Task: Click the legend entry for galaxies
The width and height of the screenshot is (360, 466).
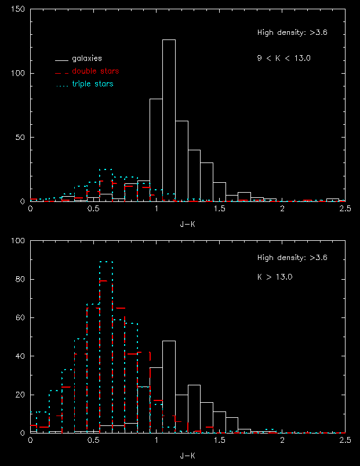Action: [86, 59]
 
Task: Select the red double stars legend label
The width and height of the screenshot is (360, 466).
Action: [96, 71]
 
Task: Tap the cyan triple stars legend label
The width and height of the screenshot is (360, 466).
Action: [92, 84]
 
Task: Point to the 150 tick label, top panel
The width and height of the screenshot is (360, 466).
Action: [18, 10]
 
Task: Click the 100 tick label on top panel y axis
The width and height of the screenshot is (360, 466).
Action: [18, 74]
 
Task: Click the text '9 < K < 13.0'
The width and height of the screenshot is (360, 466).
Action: [280, 58]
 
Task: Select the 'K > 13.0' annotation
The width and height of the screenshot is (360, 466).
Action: [275, 277]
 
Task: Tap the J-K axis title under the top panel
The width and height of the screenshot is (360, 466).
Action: [188, 221]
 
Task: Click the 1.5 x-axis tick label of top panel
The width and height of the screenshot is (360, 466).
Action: [219, 209]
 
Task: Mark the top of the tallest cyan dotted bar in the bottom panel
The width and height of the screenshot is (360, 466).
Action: [106, 262]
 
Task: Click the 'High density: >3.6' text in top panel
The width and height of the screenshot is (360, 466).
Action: [293, 33]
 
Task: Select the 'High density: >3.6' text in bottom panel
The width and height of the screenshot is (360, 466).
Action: [293, 258]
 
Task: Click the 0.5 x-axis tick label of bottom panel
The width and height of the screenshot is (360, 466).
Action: [93, 441]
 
